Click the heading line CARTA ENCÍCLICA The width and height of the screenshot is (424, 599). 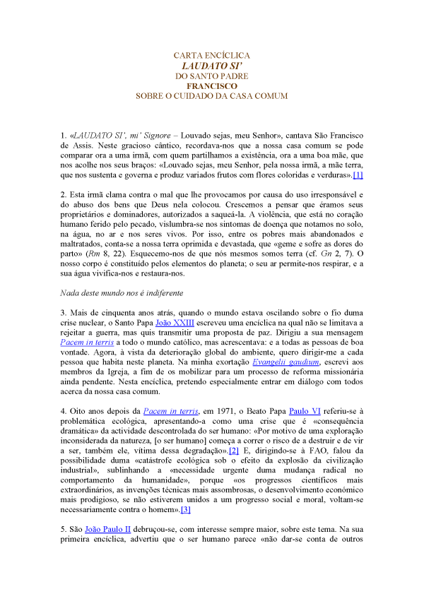(212, 55)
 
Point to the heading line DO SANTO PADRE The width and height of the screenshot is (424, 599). (212, 76)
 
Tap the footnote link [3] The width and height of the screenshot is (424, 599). (186, 510)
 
